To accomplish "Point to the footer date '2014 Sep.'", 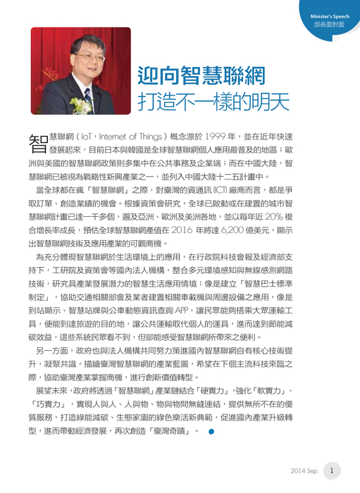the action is point(304,470).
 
